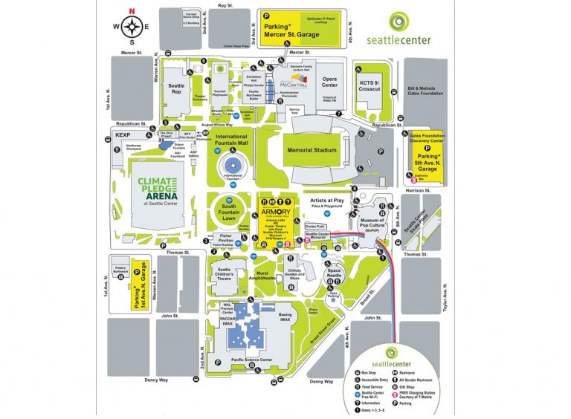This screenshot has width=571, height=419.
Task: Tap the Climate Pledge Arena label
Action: (x=155, y=191)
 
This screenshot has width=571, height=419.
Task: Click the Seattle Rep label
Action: (x=176, y=88)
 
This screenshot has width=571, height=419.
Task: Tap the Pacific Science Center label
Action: (x=251, y=360)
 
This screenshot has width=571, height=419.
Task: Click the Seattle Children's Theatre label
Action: (x=226, y=273)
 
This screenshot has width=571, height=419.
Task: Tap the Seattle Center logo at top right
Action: (x=408, y=30)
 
